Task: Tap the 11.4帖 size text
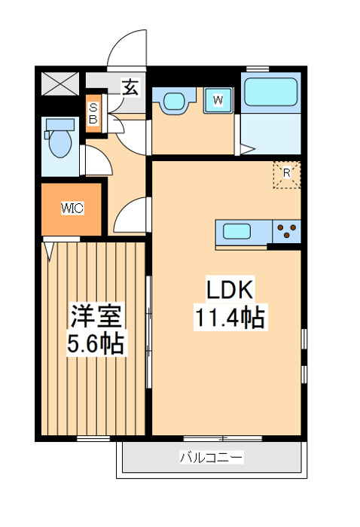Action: [232, 318]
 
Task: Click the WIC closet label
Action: [72, 208]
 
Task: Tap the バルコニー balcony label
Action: [211, 457]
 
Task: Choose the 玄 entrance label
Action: [130, 87]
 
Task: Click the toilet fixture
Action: [59, 139]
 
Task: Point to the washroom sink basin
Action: [175, 100]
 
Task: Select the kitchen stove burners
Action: [287, 230]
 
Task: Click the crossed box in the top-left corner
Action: [59, 82]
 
